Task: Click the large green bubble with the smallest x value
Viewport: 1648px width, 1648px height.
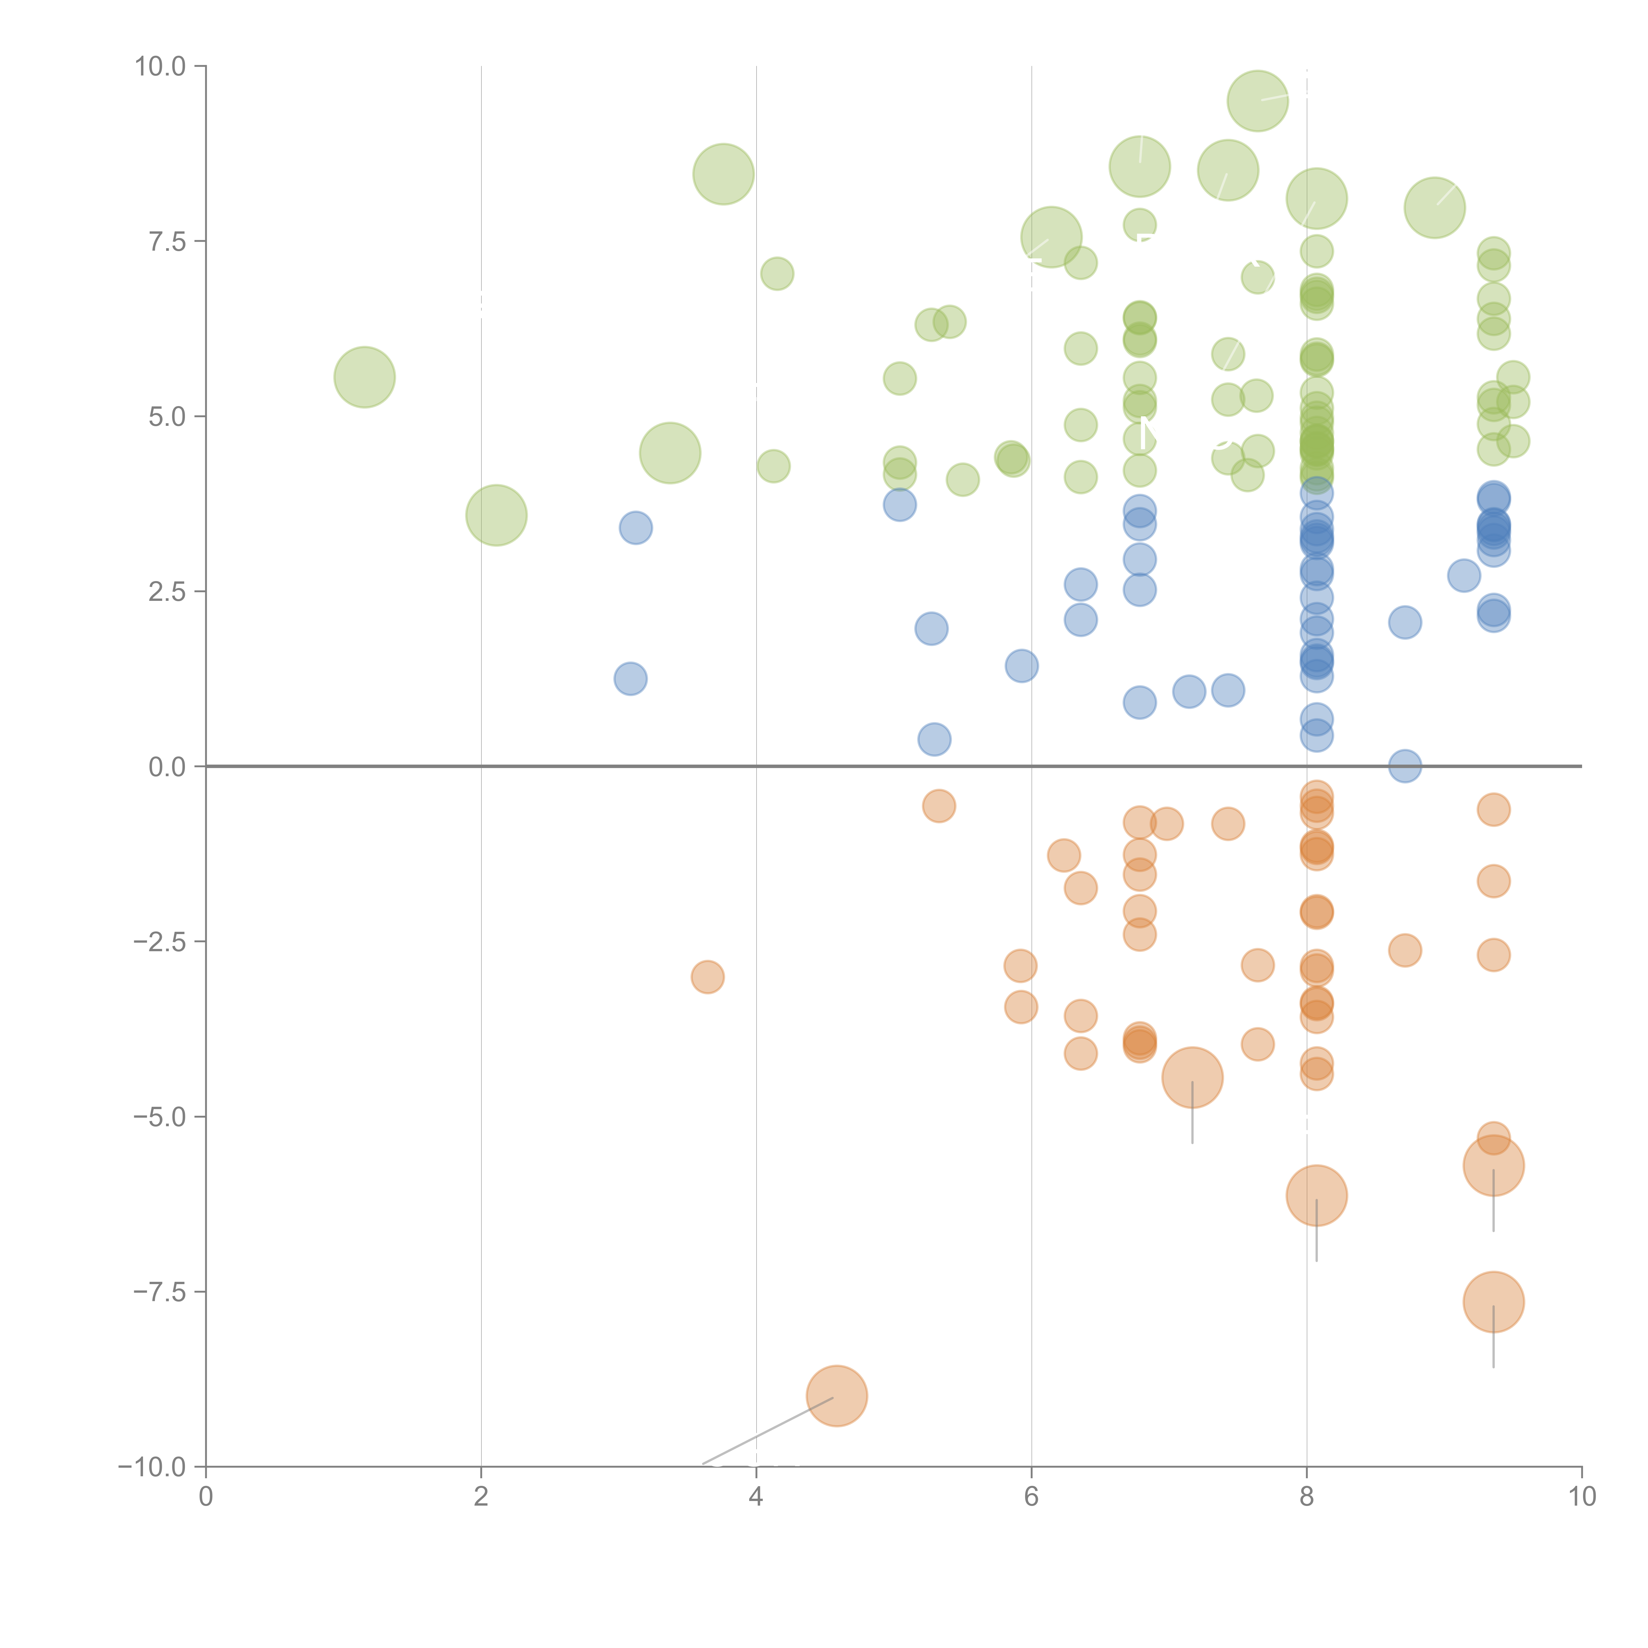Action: click(x=364, y=377)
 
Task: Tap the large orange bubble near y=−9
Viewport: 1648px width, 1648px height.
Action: click(x=837, y=1396)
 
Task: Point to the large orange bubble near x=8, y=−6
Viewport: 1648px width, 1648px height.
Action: click(x=1316, y=1195)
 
